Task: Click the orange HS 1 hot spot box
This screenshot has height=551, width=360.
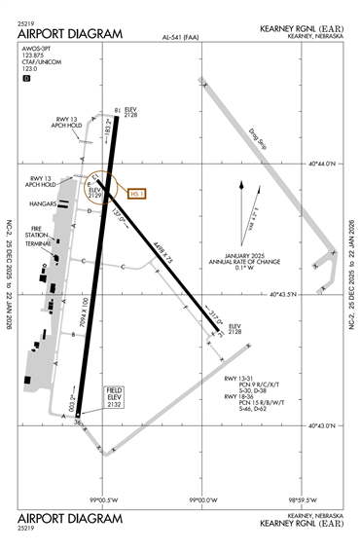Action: (135, 193)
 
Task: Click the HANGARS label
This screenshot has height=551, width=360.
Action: (44, 204)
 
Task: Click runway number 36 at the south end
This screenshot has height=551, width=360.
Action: (76, 421)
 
